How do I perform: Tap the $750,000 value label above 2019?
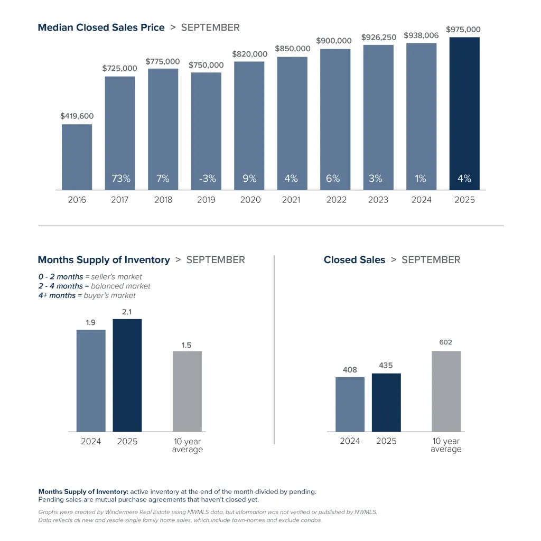pyautogui.click(x=206, y=65)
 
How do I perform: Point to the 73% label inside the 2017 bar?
pyautogui.click(x=120, y=179)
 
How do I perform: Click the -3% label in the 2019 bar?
pyautogui.click(x=207, y=179)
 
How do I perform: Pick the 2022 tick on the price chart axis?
pyautogui.click(x=336, y=200)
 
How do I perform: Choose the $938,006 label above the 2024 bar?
pyautogui.click(x=421, y=35)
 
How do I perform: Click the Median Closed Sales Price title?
pyautogui.click(x=101, y=27)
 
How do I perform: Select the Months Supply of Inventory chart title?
pyautogui.click(x=104, y=260)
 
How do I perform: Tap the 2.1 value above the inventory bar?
pyautogui.click(x=127, y=312)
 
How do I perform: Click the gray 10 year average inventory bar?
pyautogui.click(x=187, y=391)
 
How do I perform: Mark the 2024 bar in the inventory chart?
pyautogui.click(x=91, y=380)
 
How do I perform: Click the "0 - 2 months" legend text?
pyautogui.click(x=60, y=276)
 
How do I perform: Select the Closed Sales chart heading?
pyautogui.click(x=354, y=260)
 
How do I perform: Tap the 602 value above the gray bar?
pyautogui.click(x=445, y=342)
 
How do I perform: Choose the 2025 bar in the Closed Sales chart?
pyautogui.click(x=386, y=403)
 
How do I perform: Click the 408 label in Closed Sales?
pyautogui.click(x=350, y=370)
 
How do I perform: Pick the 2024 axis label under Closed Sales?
pyautogui.click(x=350, y=441)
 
